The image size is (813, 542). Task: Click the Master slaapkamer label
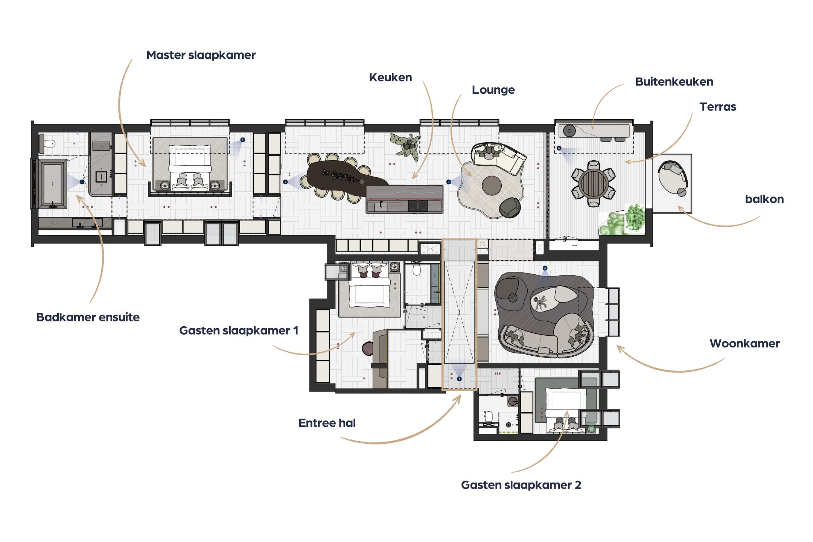click(201, 55)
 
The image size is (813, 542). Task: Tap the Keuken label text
click(390, 78)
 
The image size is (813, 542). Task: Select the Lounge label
click(493, 90)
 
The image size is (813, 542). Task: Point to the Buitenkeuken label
click(674, 82)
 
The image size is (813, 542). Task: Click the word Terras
click(718, 107)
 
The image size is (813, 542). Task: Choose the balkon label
click(764, 199)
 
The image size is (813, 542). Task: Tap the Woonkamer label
click(744, 344)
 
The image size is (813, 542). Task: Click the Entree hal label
click(327, 423)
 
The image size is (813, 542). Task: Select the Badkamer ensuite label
click(88, 317)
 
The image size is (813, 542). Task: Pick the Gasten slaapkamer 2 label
click(521, 485)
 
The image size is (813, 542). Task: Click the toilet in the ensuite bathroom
click(49, 143)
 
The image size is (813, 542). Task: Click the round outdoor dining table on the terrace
click(594, 184)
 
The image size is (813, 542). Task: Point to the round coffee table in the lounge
click(492, 186)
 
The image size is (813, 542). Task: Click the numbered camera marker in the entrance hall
click(459, 379)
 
